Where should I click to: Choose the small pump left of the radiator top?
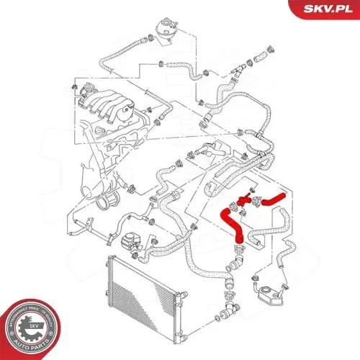click(x=130, y=242)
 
